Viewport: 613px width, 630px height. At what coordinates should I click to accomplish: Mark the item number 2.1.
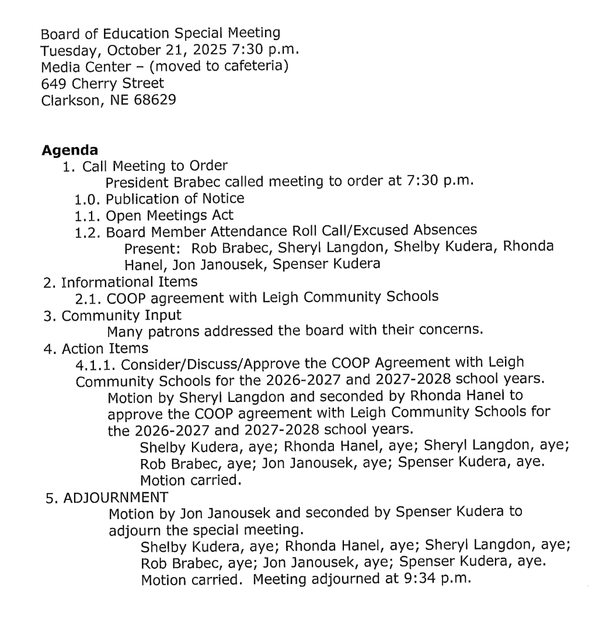pyautogui.click(x=88, y=297)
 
